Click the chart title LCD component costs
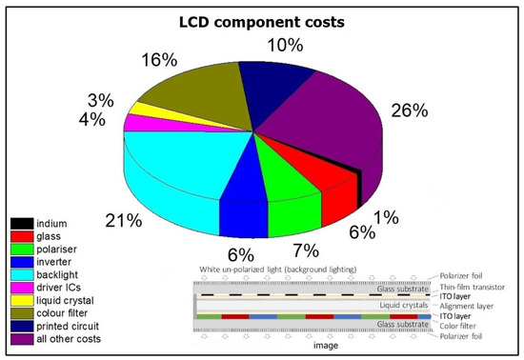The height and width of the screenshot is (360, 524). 262,20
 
